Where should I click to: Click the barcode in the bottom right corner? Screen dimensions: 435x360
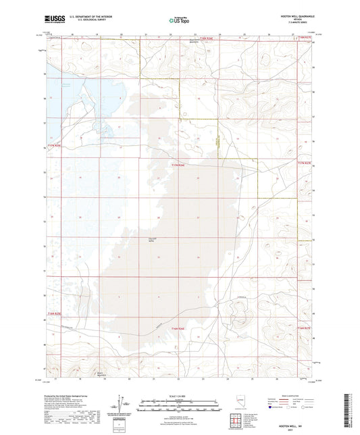click(351, 412)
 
